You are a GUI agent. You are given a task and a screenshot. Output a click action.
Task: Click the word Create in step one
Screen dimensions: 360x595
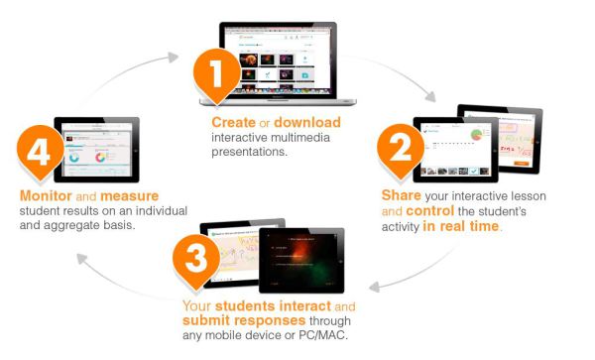[x=234, y=122]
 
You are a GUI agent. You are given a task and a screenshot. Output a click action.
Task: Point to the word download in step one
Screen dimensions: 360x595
[x=308, y=122]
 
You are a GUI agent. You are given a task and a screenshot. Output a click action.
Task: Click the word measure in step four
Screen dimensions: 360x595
[x=126, y=196]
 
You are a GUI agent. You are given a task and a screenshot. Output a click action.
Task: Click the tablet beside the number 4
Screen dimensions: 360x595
[x=100, y=149]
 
